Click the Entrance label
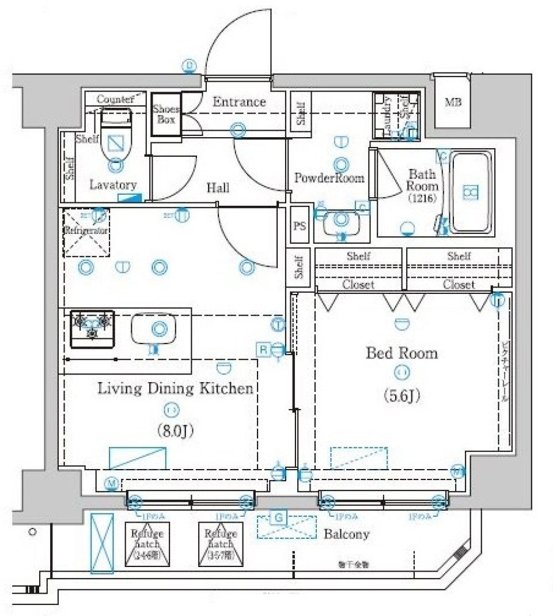[x=239, y=102]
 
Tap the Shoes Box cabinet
[x=165, y=115]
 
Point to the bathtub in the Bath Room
[x=471, y=192]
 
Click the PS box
[x=299, y=225]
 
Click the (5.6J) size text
[x=402, y=396]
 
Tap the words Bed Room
[x=402, y=353]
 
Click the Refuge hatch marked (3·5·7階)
[x=221, y=545]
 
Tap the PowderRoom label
[x=329, y=177]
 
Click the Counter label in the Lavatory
[x=115, y=99]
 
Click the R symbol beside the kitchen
[x=263, y=348]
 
